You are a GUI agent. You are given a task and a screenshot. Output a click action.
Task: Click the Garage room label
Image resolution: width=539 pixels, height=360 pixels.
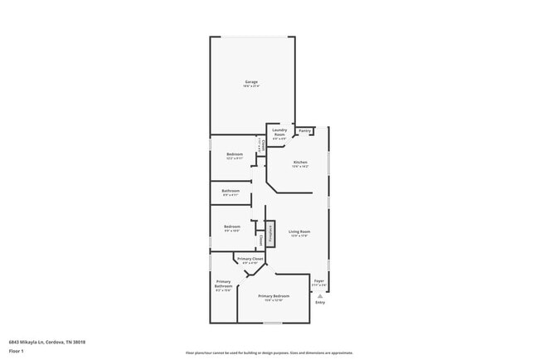[x=251, y=81]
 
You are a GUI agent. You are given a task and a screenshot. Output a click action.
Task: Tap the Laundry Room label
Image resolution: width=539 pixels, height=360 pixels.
[x=279, y=130]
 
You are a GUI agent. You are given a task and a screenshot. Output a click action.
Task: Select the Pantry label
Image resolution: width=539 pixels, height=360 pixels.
[x=304, y=130]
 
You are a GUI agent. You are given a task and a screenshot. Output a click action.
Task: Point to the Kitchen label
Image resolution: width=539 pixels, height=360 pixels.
[x=300, y=162]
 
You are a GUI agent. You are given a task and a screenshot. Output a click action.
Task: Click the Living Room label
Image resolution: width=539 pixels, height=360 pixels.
[x=299, y=231]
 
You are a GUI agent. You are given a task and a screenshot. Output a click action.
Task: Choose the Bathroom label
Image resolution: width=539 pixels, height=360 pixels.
[x=231, y=191]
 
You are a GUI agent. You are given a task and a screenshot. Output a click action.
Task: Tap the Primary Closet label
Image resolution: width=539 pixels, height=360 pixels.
[x=250, y=260]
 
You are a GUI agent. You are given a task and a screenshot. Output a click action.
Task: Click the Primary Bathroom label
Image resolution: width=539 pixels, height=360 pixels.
[x=224, y=284]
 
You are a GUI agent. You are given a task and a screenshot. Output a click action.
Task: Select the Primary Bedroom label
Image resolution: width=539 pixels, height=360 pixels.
[x=274, y=296]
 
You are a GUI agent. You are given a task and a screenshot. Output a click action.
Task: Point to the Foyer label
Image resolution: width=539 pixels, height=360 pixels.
[x=319, y=281]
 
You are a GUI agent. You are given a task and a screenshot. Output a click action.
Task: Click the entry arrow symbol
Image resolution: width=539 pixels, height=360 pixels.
[x=320, y=295]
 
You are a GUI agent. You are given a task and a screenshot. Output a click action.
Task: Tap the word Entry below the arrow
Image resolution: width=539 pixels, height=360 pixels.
[x=320, y=302]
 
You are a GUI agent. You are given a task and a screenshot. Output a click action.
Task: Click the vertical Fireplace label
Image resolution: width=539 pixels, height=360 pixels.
[x=269, y=232]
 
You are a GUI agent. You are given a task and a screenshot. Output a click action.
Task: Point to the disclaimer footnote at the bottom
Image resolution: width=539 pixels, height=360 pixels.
[x=269, y=353]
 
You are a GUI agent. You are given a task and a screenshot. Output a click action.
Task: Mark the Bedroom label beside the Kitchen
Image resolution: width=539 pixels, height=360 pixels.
[x=235, y=154]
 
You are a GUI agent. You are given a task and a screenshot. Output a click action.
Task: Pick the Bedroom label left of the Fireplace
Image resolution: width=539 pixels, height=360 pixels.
[x=232, y=226]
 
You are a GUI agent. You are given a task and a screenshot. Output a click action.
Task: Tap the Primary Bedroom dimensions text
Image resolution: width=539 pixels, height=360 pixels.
[x=274, y=300]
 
